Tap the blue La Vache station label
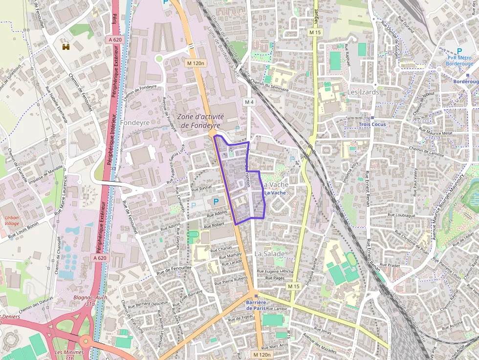click(x=275, y=193)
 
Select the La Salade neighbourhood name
click(x=269, y=254)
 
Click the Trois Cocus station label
click(x=372, y=124)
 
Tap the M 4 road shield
click(x=249, y=102)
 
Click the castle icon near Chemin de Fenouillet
click(x=66, y=47)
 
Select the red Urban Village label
click(x=12, y=220)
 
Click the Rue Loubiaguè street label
click(x=401, y=215)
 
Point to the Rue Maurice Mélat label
click(x=435, y=132)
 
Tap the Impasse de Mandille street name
click(x=46, y=174)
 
